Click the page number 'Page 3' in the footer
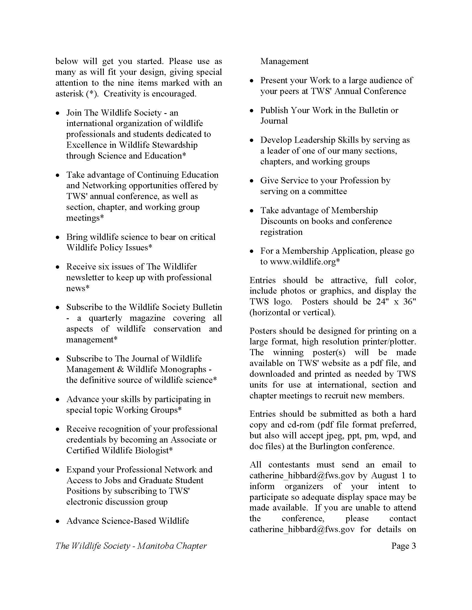point(403,546)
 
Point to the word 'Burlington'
point(330,446)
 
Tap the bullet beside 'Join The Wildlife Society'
point(57,113)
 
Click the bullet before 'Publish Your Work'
point(252,111)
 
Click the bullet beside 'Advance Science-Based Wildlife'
point(57,522)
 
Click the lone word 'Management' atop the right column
point(284,61)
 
